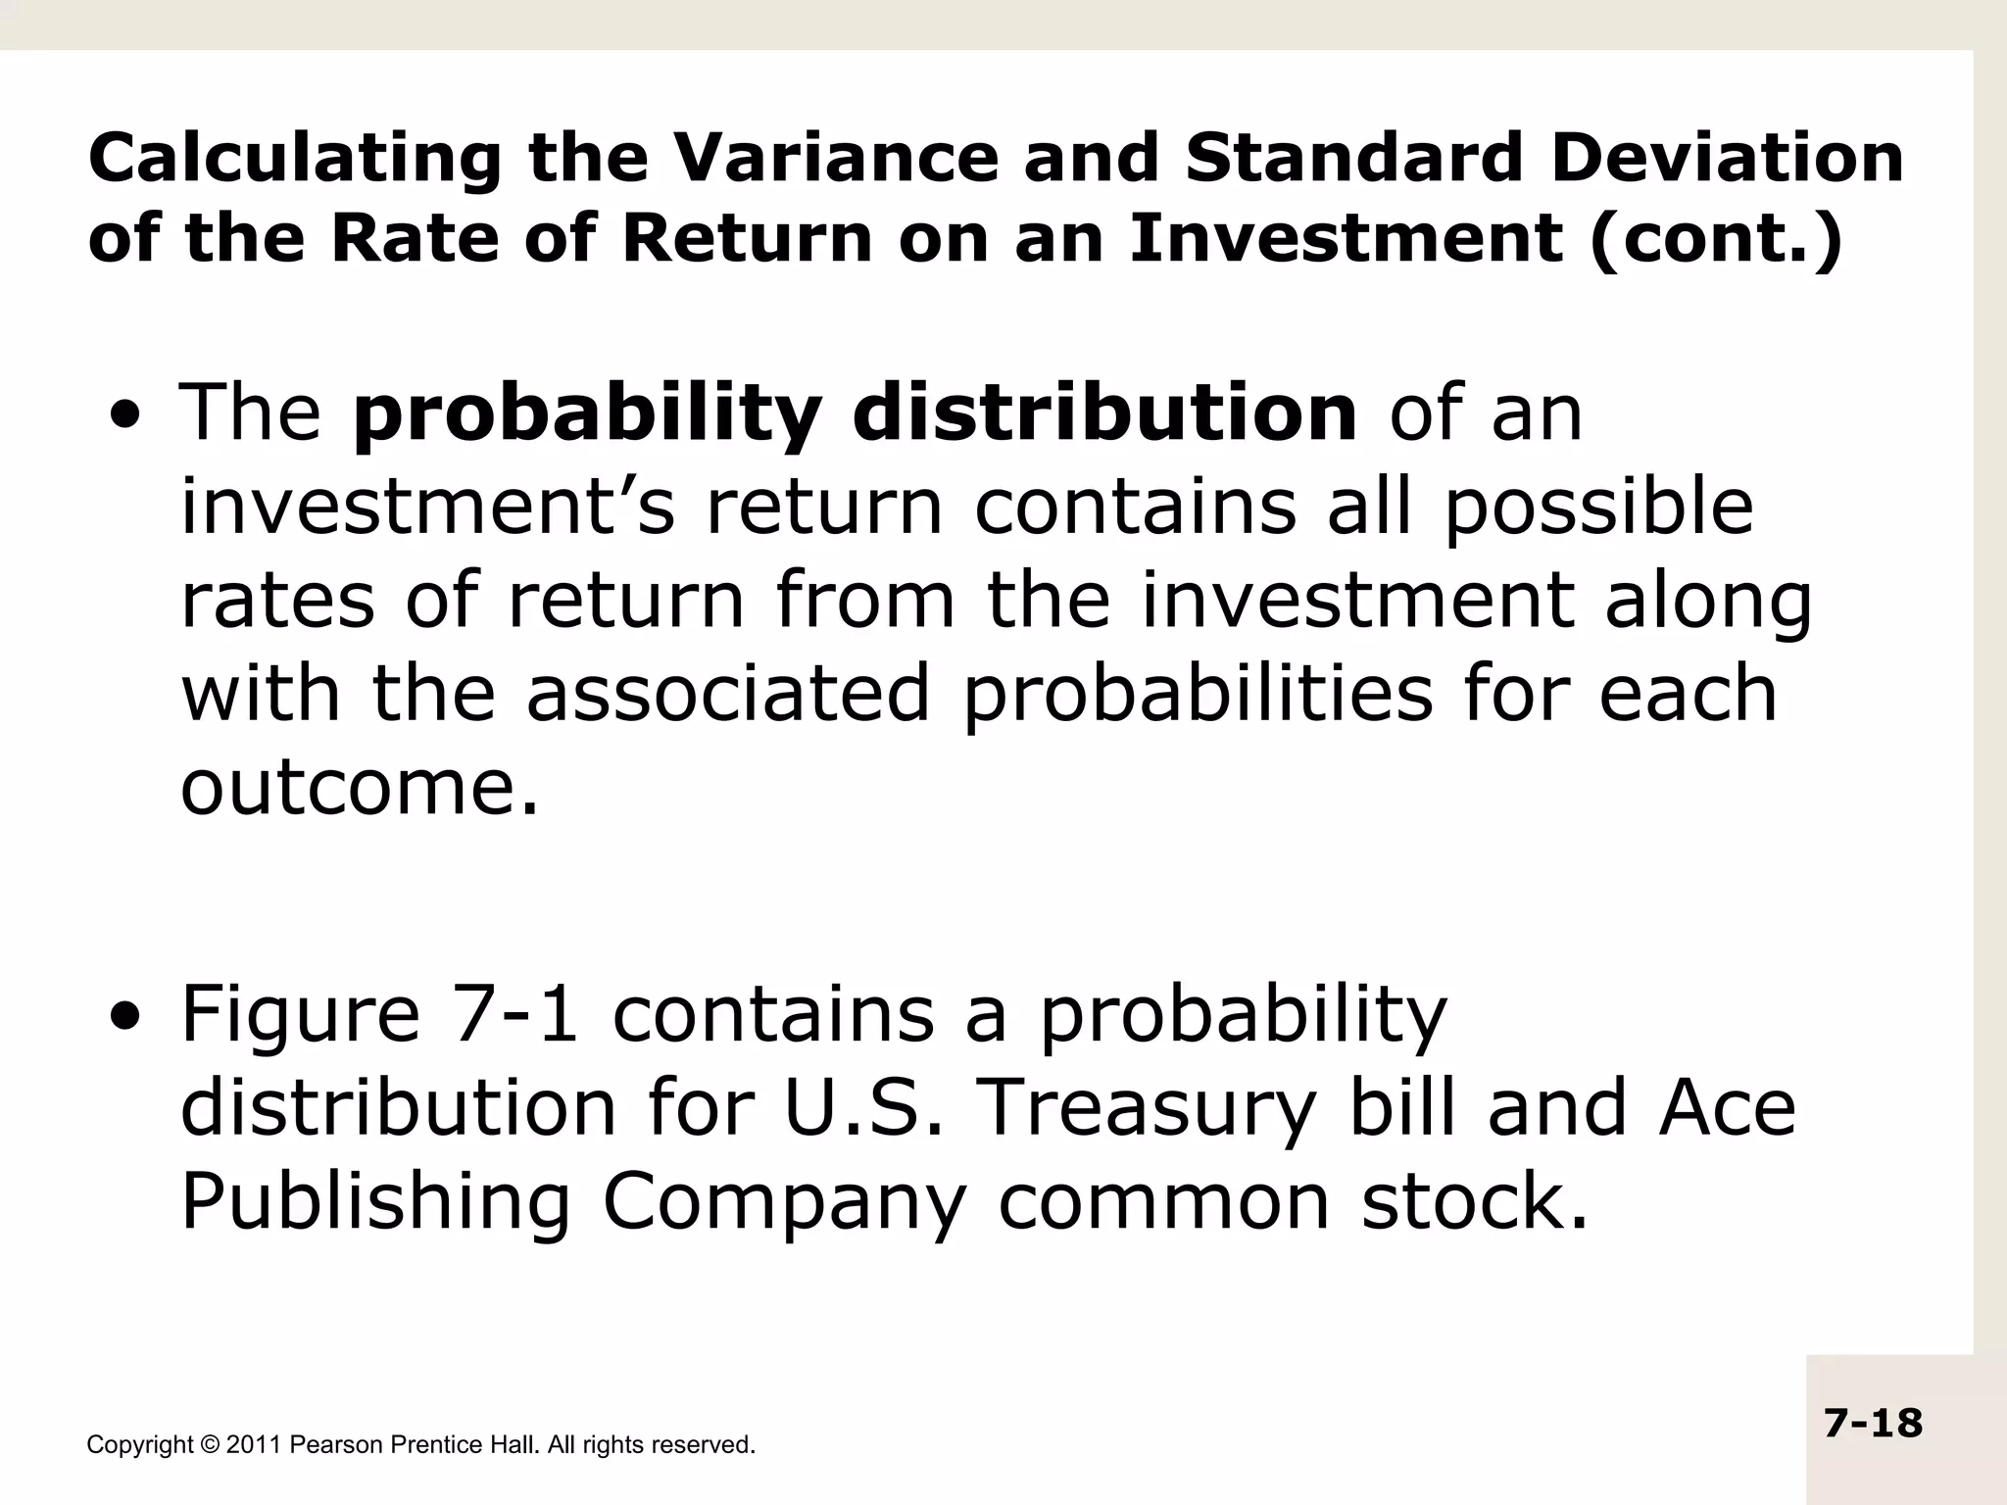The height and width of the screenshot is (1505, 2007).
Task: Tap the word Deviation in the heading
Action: point(1727,158)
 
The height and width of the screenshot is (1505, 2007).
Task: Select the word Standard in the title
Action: point(1352,158)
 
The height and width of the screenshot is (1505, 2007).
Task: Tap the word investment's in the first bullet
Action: point(427,507)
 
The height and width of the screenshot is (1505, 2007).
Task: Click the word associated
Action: point(728,694)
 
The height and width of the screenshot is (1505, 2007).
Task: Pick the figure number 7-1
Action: point(516,1015)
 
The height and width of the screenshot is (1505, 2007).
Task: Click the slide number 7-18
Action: point(1873,1423)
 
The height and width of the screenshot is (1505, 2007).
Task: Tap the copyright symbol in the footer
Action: point(209,1445)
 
